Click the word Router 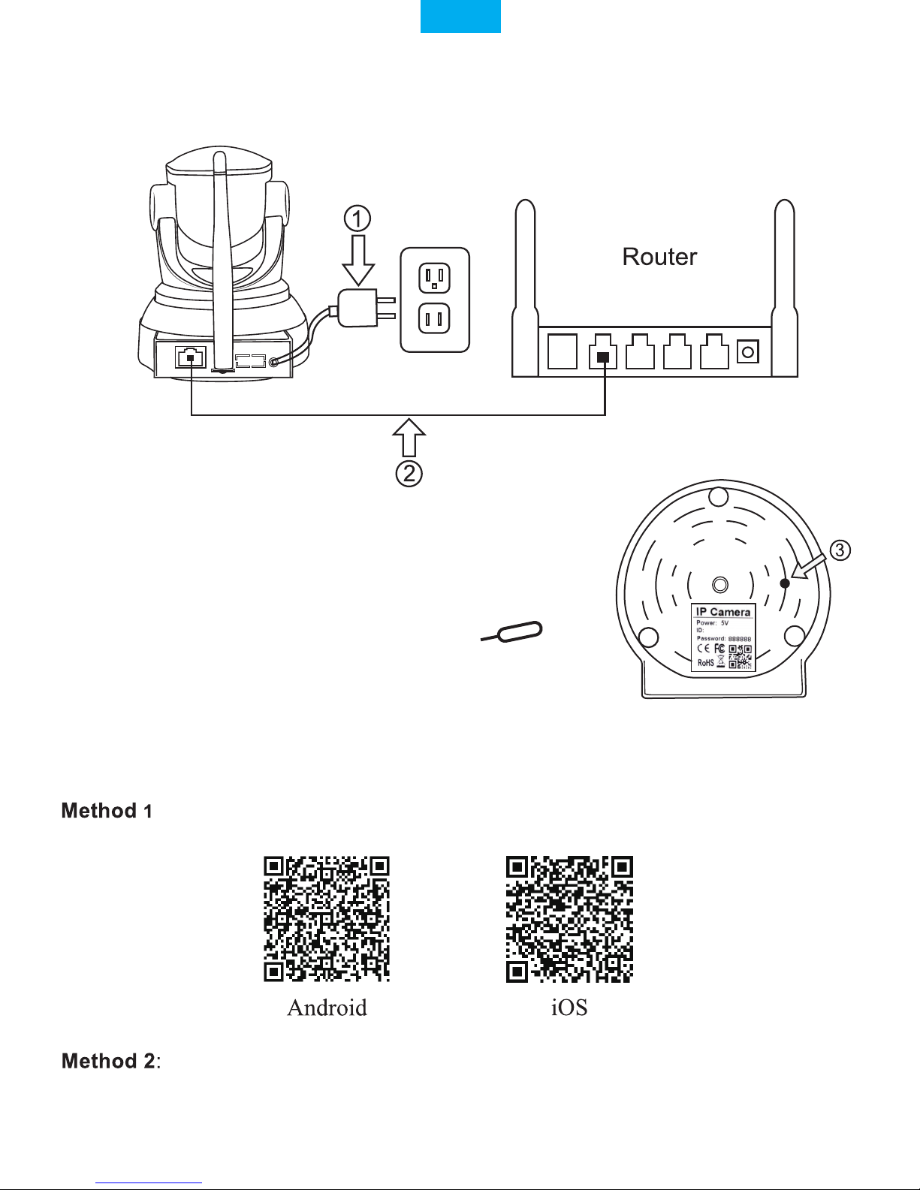click(x=659, y=257)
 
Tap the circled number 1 click(x=357, y=219)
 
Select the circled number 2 click(x=409, y=474)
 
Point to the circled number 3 click(x=840, y=550)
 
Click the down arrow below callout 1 click(x=358, y=260)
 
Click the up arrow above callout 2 click(x=409, y=438)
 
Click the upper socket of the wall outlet click(x=434, y=279)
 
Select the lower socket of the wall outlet click(x=434, y=319)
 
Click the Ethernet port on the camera click(x=191, y=357)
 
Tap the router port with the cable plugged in click(x=603, y=351)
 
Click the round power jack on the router click(x=747, y=351)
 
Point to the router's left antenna click(x=525, y=288)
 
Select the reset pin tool click(x=511, y=631)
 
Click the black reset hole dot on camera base click(x=785, y=583)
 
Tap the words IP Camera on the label click(x=722, y=612)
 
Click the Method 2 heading click(x=108, y=1061)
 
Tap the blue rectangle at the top click(x=460, y=17)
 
